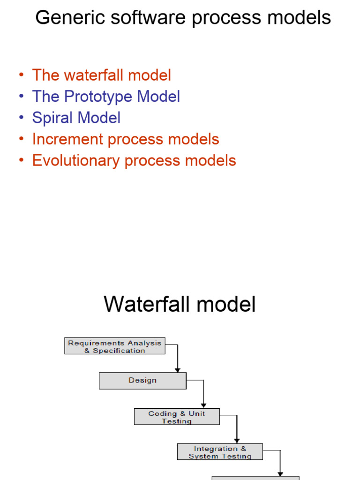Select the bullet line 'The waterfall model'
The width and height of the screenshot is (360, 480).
101,75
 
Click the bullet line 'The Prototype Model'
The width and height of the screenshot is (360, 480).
106,97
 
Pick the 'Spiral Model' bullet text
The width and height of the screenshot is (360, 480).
76,118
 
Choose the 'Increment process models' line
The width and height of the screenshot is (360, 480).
126,139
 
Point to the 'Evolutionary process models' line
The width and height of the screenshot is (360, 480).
134,160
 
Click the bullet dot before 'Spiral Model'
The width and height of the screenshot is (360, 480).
21,118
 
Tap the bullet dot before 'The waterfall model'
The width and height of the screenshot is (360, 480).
21,75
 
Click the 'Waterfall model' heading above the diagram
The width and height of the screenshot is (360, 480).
180,304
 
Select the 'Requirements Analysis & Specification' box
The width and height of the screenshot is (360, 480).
115,346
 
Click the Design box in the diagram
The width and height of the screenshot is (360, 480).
142,381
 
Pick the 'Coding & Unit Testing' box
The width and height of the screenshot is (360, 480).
177,417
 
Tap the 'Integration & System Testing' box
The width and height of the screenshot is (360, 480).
220,452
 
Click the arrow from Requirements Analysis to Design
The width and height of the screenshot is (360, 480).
177,359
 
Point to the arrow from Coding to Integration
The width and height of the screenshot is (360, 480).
237,429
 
